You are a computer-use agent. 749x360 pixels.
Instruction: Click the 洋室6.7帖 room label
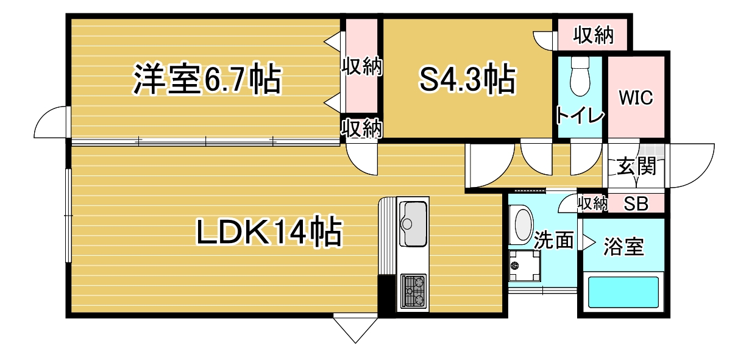[207, 79]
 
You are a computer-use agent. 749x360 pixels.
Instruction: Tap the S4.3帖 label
[468, 79]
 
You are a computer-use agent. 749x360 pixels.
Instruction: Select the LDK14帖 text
[269, 232]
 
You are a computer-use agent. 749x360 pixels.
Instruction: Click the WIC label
[636, 97]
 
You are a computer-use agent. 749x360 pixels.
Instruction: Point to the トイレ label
[580, 116]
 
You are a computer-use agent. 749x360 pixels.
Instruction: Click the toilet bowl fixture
[580, 76]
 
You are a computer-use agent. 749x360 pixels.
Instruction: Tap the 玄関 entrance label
[636, 166]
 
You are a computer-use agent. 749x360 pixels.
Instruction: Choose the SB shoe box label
[636, 203]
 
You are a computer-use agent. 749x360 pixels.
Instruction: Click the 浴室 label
[623, 247]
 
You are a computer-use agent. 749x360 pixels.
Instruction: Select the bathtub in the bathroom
[623, 292]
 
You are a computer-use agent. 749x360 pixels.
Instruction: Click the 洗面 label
[553, 241]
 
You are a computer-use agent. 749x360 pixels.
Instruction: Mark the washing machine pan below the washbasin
[524, 266]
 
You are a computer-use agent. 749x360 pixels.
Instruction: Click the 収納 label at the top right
[594, 35]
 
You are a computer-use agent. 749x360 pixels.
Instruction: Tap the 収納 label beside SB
[592, 203]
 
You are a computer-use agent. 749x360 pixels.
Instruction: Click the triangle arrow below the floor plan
[355, 328]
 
